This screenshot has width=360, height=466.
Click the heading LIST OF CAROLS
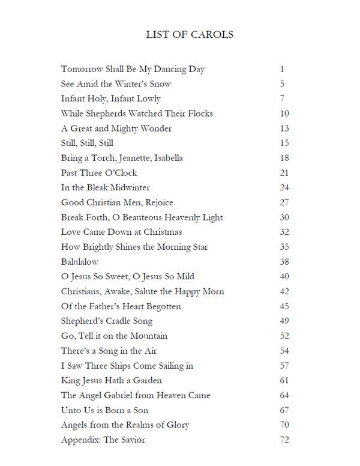click(x=190, y=34)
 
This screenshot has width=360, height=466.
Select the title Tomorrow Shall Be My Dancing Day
click(x=133, y=69)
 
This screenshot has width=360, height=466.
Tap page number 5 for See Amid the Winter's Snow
click(x=282, y=84)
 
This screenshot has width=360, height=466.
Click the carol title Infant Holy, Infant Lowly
click(x=111, y=98)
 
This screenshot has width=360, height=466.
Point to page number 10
click(x=284, y=113)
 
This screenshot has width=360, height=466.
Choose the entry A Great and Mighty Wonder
click(x=116, y=129)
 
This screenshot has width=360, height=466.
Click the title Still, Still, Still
click(x=87, y=143)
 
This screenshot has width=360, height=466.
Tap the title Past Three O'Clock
click(x=99, y=173)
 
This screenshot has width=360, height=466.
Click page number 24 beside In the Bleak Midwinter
click(x=284, y=187)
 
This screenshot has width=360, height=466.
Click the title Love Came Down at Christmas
click(x=121, y=232)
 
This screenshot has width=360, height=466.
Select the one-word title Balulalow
click(x=80, y=262)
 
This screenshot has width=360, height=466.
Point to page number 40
click(x=284, y=276)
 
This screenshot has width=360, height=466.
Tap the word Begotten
click(x=161, y=306)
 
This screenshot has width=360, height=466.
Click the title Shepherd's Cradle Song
click(x=107, y=321)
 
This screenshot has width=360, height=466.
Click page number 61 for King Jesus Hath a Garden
click(x=284, y=380)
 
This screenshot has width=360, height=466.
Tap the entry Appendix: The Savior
click(x=103, y=440)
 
